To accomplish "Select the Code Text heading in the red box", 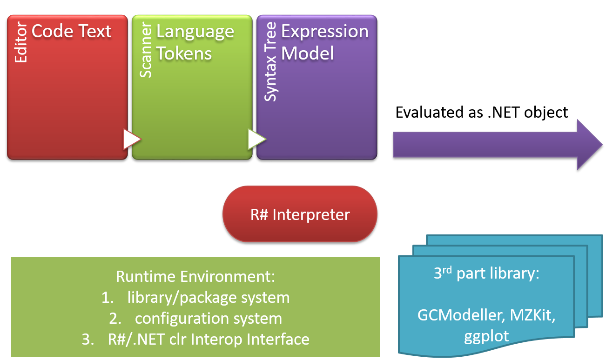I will click(x=72, y=31).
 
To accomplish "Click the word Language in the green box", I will click(x=195, y=32).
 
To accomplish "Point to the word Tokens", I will click(x=184, y=53).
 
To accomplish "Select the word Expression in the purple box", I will click(x=325, y=31).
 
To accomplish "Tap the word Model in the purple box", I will click(x=308, y=53).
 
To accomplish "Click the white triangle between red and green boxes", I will click(x=132, y=140).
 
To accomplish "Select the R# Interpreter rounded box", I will click(x=300, y=214).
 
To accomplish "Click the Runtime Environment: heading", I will click(x=195, y=276).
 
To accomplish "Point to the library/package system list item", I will click(x=208, y=297).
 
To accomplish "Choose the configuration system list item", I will click(x=209, y=318).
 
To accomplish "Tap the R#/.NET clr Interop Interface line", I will click(x=209, y=339).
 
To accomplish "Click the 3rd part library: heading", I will click(x=486, y=273).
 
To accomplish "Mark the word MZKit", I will click(x=533, y=315).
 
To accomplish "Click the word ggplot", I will click(x=486, y=336).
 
